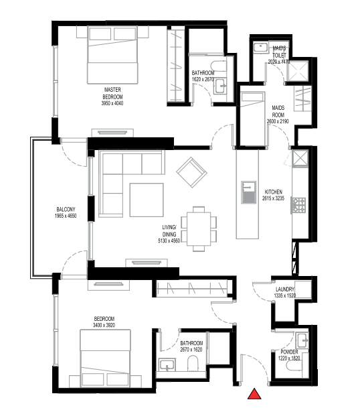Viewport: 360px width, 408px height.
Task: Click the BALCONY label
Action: (x=64, y=210)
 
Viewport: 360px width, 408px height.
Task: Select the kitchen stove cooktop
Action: (x=298, y=205)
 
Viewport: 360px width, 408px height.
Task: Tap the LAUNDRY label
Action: (x=284, y=289)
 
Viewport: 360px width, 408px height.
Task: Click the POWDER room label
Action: (x=288, y=352)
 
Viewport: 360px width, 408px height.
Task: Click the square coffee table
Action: (x=147, y=200)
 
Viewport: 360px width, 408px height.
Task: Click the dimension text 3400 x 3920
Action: (x=104, y=325)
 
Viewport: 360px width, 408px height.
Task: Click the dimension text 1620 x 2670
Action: (x=203, y=79)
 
